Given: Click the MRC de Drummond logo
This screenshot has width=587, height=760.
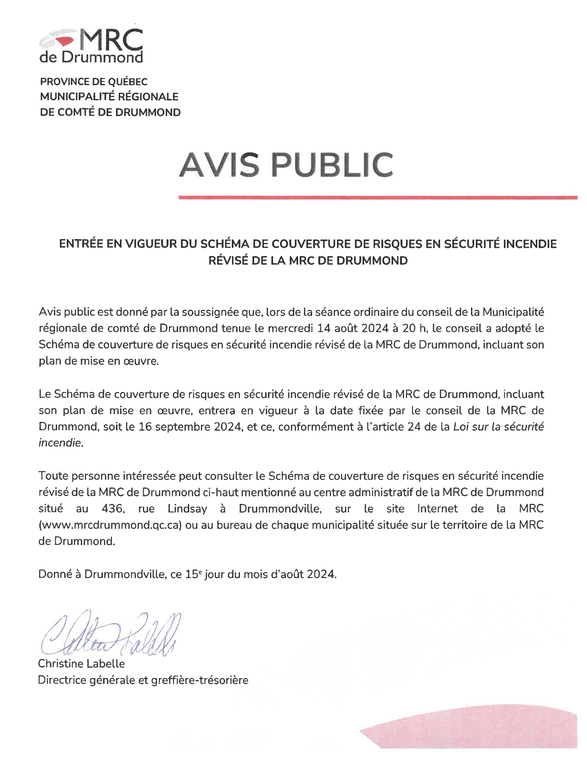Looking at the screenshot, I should coord(91,45).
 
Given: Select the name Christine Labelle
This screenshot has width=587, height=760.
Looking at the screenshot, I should coord(81,664).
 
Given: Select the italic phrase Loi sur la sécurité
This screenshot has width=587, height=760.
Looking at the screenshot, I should coord(498,427).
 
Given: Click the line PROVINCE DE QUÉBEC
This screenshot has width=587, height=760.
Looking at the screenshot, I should coord(94,82).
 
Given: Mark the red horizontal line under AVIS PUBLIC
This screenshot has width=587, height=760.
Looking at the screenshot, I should coord(378,198).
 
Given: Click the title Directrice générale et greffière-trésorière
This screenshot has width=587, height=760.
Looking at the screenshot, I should coord(143,680).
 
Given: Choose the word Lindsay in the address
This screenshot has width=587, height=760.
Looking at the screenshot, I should coord(187,509).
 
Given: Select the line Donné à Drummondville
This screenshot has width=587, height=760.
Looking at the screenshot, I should coord(187,574).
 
